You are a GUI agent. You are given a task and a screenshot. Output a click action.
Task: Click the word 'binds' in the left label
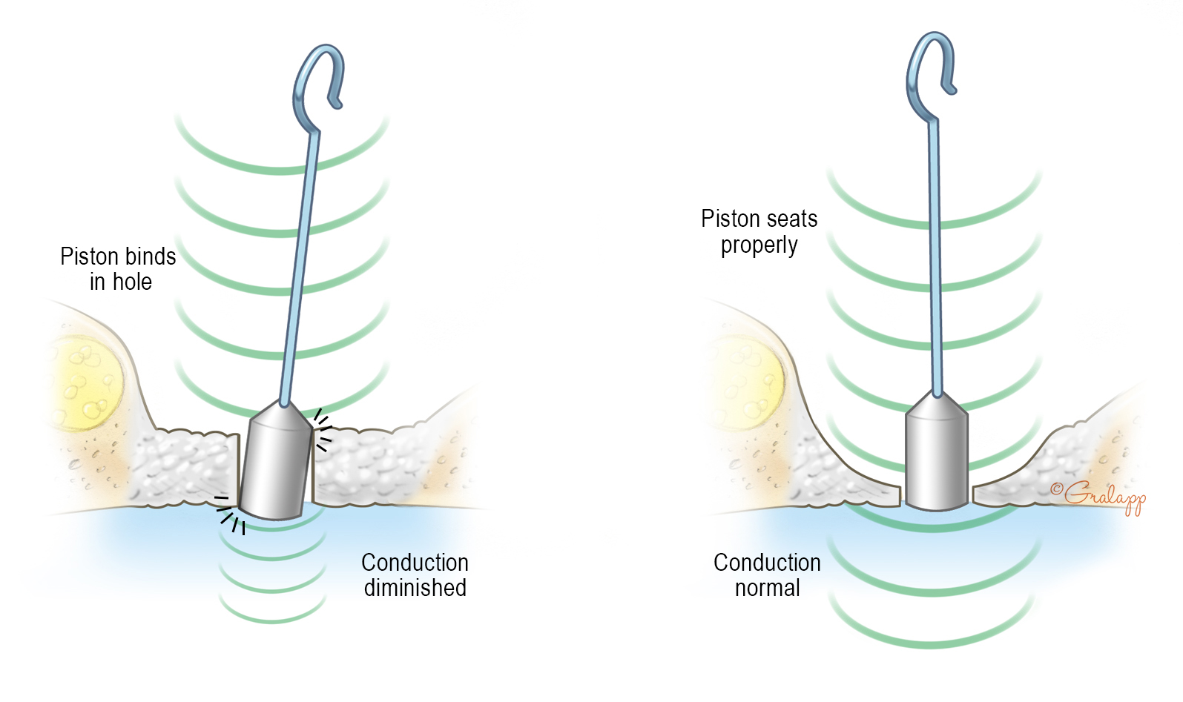coord(150,256)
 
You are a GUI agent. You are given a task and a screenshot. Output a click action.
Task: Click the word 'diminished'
coord(415,588)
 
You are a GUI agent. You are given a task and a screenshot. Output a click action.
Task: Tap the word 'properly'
coord(759,245)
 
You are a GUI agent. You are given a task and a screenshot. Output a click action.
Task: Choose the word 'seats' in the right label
coord(792,219)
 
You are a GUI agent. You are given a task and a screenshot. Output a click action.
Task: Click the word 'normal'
coord(767,588)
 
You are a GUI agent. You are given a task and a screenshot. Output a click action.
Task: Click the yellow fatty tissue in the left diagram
coord(85,382)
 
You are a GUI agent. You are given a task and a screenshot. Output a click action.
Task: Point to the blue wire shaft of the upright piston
coord(935,259)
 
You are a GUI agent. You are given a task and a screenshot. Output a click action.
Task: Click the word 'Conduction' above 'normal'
coord(767,563)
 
